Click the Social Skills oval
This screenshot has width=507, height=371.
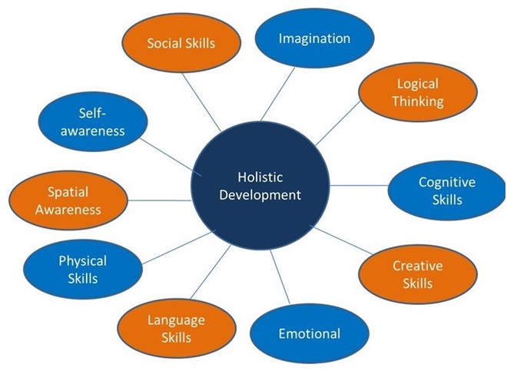coord(181,43)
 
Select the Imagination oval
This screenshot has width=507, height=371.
coord(315,38)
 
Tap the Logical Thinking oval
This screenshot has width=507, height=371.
coord(418,92)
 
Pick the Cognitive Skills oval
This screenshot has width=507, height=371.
coord(447,190)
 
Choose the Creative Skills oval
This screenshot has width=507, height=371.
coord(418,274)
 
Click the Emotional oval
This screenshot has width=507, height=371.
coord(310,334)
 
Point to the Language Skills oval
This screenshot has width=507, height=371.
coord(177,328)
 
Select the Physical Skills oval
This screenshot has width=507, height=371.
coord(83,269)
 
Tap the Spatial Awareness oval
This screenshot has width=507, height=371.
coord(68,200)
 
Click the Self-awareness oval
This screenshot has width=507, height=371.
coord(93,121)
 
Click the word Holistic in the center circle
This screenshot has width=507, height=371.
coord(260,177)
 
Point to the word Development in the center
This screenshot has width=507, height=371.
coord(260,195)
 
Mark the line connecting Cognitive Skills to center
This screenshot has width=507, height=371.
coord(359,186)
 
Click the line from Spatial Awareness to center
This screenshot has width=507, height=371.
coord(160,200)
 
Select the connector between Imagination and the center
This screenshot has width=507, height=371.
coord(278,94)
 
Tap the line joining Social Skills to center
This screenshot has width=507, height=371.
coord(201,102)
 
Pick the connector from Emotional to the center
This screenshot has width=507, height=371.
coord(280,277)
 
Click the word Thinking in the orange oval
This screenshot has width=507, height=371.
coord(418,101)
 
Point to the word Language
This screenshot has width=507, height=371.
coord(177,320)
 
